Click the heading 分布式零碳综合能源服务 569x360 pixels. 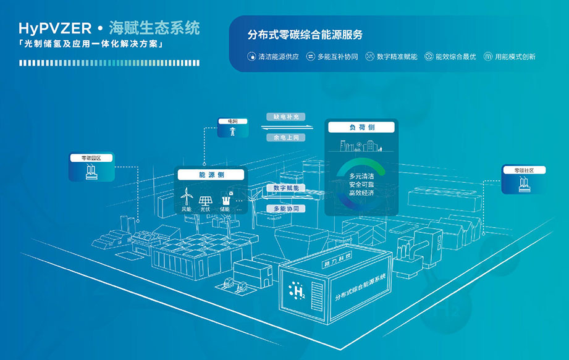click(305, 35)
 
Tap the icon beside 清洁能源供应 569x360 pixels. click(251, 56)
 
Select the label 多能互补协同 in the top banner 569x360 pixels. click(337, 56)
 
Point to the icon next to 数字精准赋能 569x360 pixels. click(369, 56)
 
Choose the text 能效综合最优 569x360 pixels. click(455, 56)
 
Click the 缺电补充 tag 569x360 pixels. click(286, 116)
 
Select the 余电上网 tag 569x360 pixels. click(286, 138)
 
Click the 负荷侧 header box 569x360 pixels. click(361, 128)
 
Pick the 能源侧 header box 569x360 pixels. click(212, 175)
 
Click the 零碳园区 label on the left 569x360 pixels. click(91, 158)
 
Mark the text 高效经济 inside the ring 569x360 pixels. click(361, 192)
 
